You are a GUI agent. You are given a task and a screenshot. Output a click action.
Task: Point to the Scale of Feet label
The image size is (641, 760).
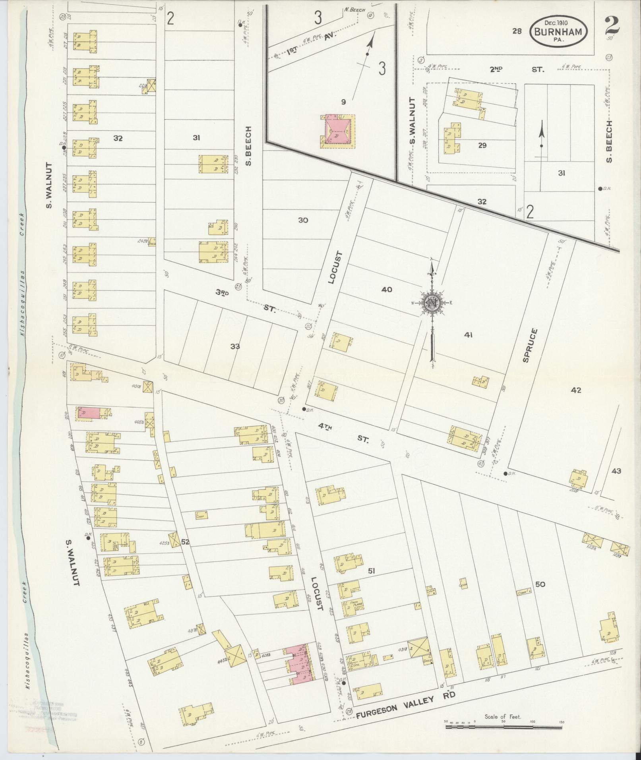click(x=503, y=716)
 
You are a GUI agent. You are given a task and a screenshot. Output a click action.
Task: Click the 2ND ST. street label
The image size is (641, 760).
click(x=516, y=70)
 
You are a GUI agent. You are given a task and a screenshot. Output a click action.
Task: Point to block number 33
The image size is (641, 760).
click(x=235, y=346)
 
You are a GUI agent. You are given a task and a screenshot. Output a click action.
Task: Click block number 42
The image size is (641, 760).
click(x=575, y=390)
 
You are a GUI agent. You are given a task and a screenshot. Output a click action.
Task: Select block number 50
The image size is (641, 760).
click(x=540, y=584)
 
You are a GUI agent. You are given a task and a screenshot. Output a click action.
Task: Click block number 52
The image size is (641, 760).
click(x=185, y=542)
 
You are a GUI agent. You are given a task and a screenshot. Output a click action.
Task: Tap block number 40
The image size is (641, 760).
click(x=386, y=289)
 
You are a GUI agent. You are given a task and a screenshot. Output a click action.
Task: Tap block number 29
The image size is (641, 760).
click(x=482, y=145)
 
